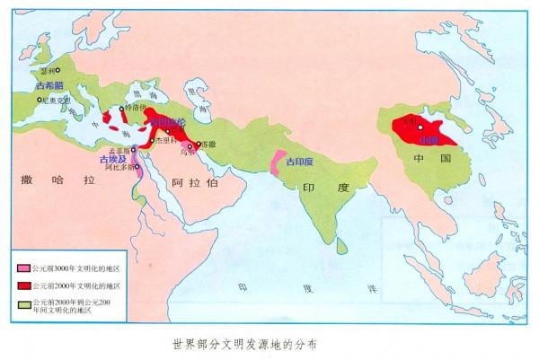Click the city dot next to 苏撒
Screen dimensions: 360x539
(x=199, y=143)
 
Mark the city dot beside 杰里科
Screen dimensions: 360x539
(x=152, y=141)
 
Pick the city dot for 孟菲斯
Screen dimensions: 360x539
(x=133, y=150)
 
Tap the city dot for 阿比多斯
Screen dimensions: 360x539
(x=136, y=167)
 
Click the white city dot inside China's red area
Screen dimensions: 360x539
(x=418, y=127)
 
